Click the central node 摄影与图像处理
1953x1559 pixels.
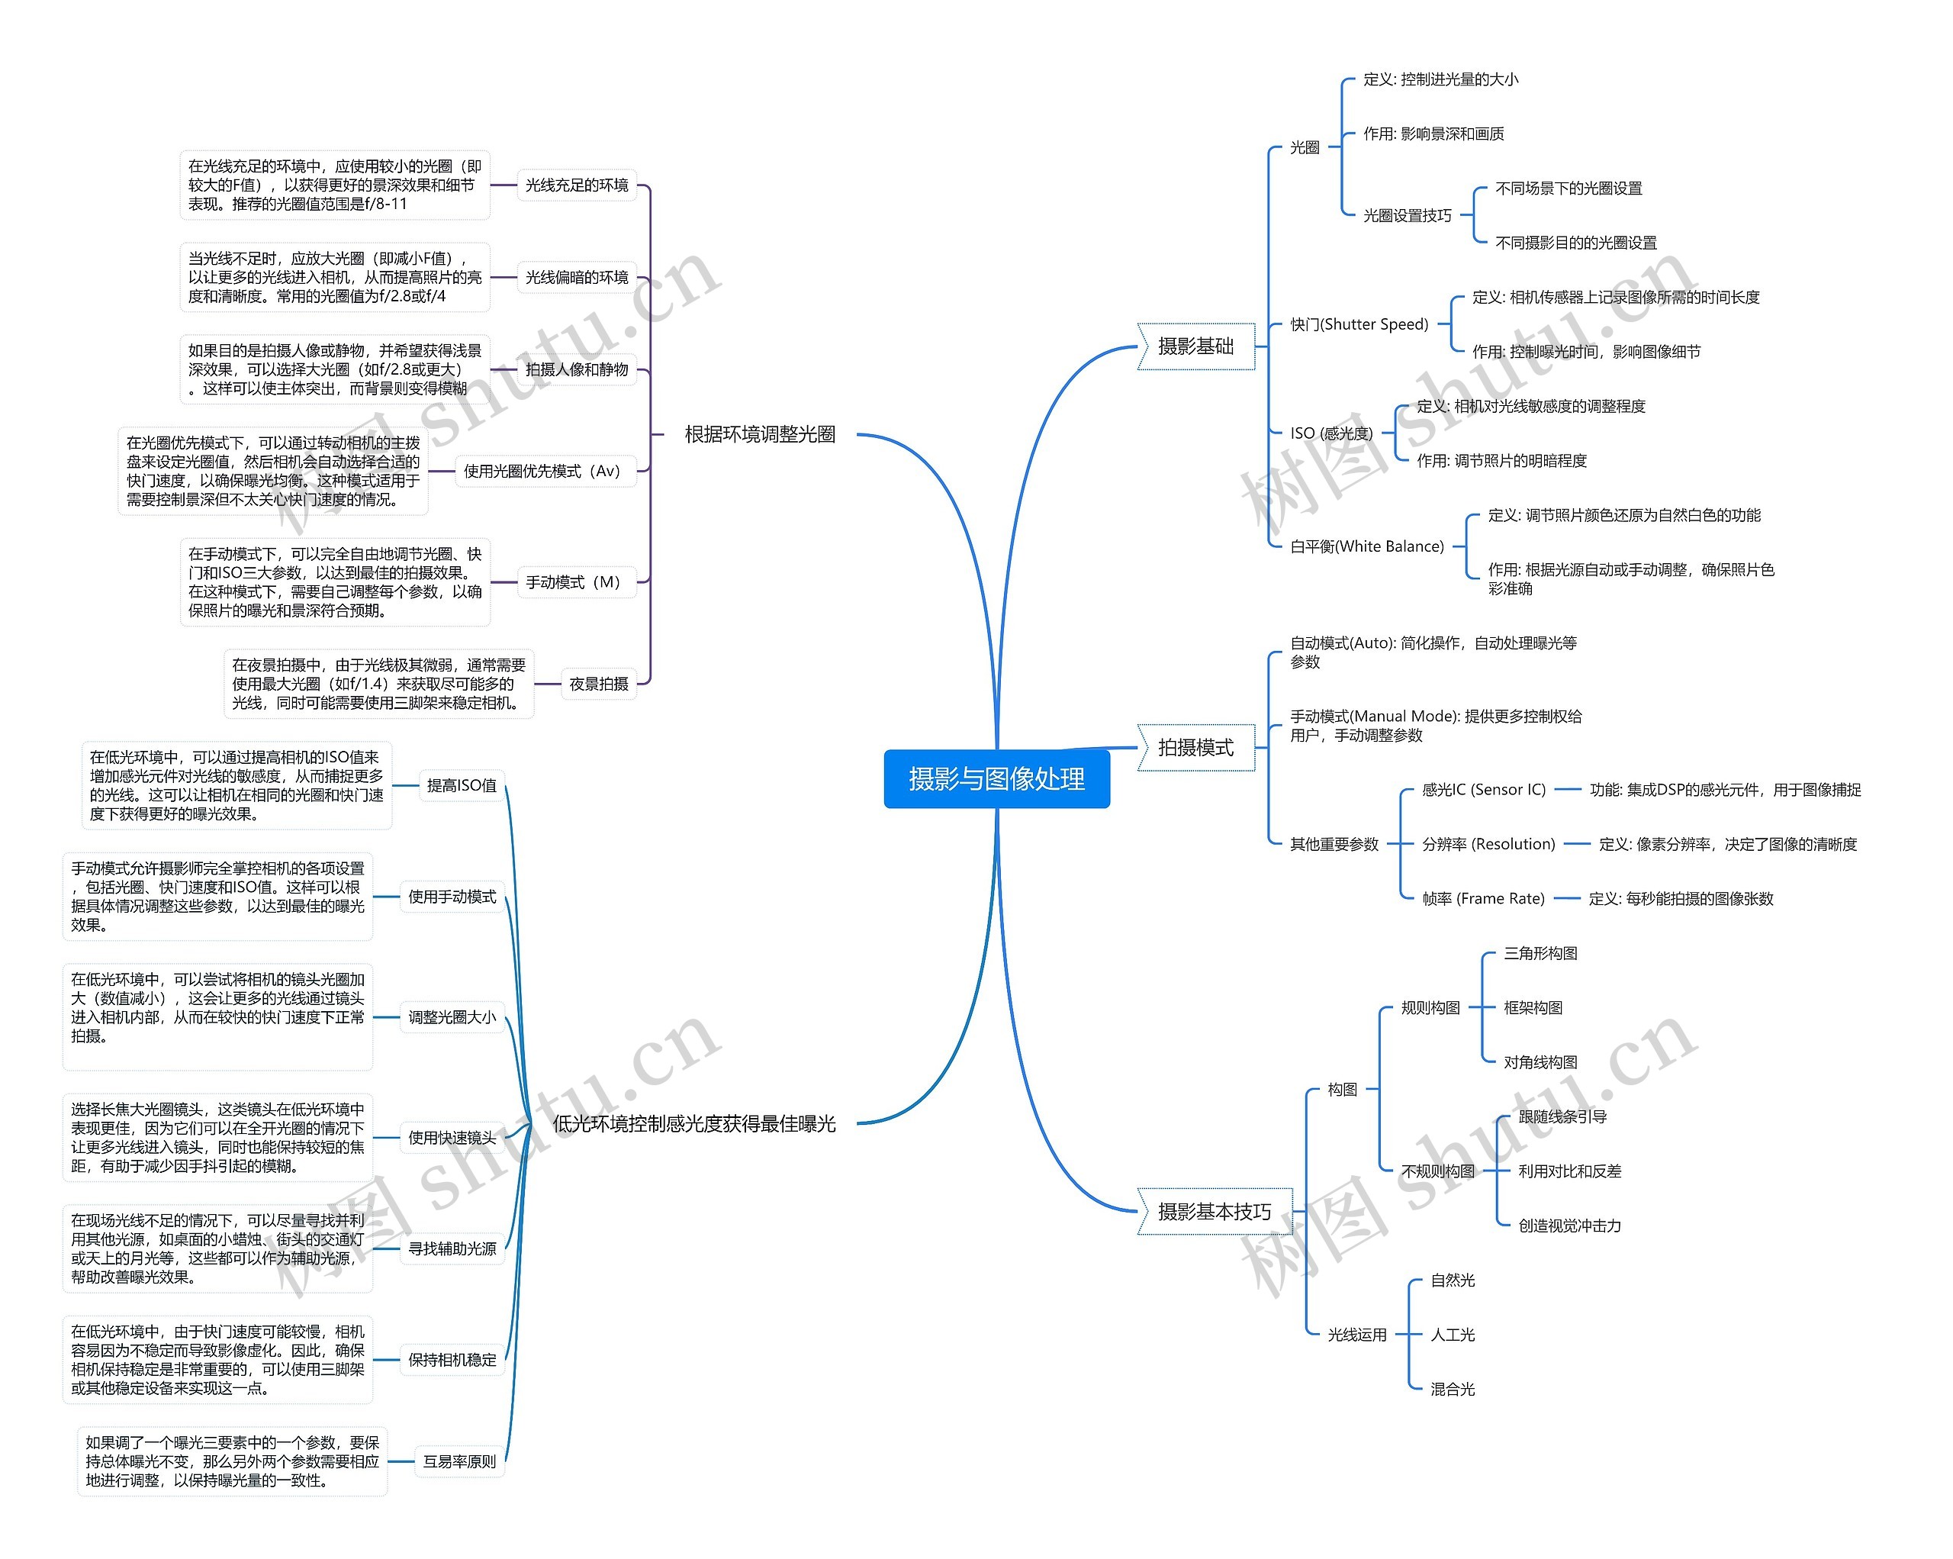996,778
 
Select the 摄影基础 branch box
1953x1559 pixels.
1195,346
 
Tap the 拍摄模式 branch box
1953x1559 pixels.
1195,747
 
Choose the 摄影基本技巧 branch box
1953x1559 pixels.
1214,1211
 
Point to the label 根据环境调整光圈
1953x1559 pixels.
759,434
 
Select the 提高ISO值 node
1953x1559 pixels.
461,785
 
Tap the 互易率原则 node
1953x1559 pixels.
459,1461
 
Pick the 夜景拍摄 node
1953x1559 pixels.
598,684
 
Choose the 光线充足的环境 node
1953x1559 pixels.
576,185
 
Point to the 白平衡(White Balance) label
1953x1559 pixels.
1366,546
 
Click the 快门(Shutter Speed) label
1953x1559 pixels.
1359,324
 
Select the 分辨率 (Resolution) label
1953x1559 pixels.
1488,844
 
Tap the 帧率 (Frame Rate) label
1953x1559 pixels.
1483,899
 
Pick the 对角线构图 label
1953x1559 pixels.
1540,1061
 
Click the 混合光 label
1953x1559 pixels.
1452,1389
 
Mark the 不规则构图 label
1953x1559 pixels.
1437,1171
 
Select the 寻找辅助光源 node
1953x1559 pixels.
452,1248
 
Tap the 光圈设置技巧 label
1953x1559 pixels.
1407,216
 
